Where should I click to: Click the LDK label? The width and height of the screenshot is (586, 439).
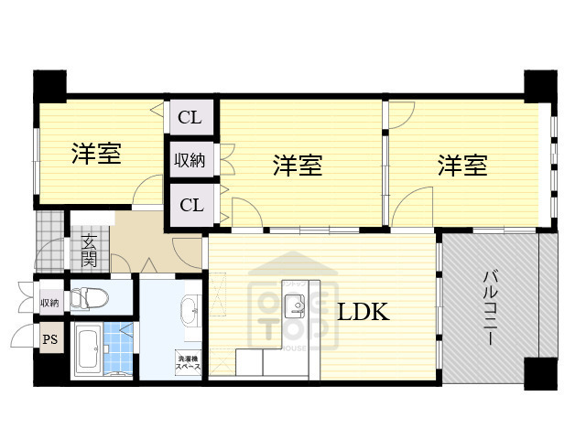click(x=364, y=312)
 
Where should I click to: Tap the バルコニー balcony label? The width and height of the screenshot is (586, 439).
click(x=492, y=307)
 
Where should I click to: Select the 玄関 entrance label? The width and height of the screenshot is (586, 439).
click(x=90, y=249)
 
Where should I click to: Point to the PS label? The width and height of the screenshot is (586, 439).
click(x=49, y=340)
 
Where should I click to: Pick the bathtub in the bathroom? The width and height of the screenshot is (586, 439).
click(x=89, y=348)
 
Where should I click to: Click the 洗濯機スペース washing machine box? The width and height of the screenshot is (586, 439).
click(x=190, y=359)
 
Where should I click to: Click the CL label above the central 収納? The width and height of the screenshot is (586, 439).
click(x=190, y=116)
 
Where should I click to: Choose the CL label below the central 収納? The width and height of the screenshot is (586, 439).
click(x=190, y=205)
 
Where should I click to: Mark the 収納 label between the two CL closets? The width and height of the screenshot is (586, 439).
click(x=190, y=161)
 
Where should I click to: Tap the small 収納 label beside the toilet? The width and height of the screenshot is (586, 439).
click(x=49, y=302)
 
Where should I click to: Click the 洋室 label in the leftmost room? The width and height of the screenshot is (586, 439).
click(x=96, y=154)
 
